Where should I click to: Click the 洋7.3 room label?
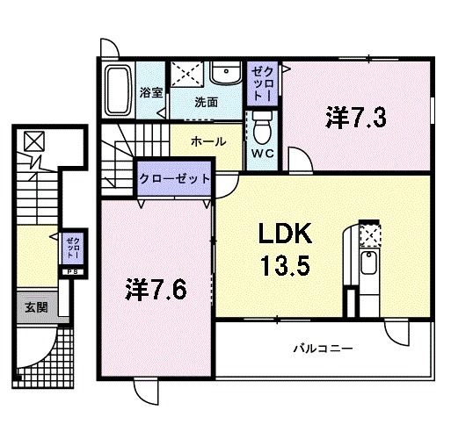click(x=356, y=117)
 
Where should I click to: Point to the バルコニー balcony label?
click(x=323, y=349)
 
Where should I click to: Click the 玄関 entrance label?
click(x=36, y=306)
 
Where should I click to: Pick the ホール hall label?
click(x=207, y=140)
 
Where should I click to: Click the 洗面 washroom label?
click(x=207, y=101)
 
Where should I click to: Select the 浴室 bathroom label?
click(x=150, y=91)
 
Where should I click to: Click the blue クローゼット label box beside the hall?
click(x=175, y=177)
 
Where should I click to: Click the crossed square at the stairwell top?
click(x=33, y=140)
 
